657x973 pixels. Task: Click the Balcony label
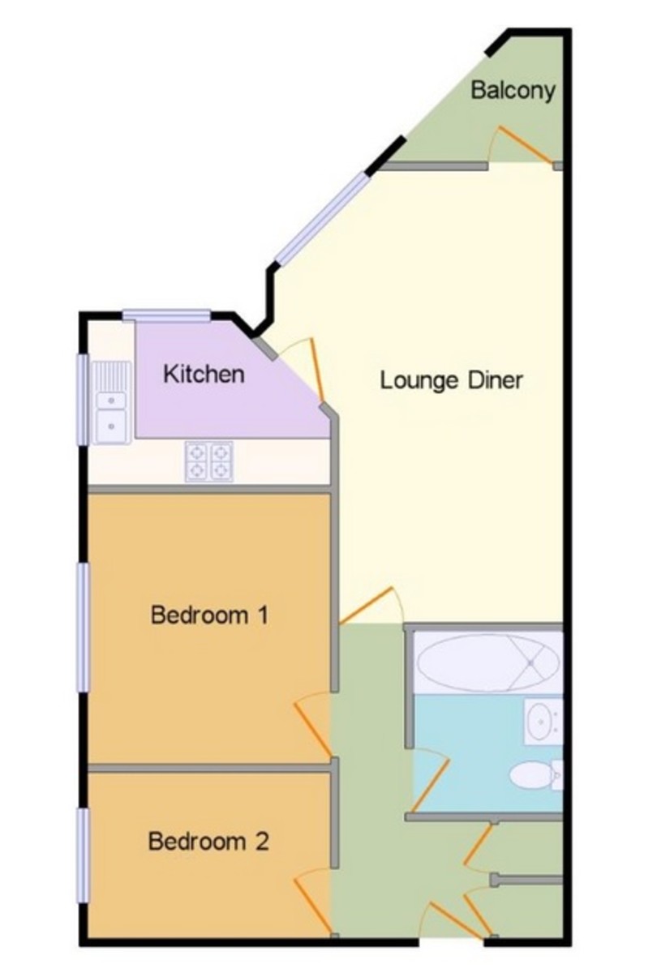[513, 90]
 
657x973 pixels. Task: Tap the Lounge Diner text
[452, 379]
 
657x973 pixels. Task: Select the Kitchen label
[204, 374]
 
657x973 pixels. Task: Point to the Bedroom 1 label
[209, 615]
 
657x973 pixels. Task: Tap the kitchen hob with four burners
[209, 461]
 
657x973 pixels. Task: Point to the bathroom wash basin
[540, 719]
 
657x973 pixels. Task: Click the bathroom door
[430, 780]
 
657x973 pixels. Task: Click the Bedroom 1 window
[83, 628]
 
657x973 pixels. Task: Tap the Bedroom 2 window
[83, 855]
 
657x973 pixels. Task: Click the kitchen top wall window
[167, 316]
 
